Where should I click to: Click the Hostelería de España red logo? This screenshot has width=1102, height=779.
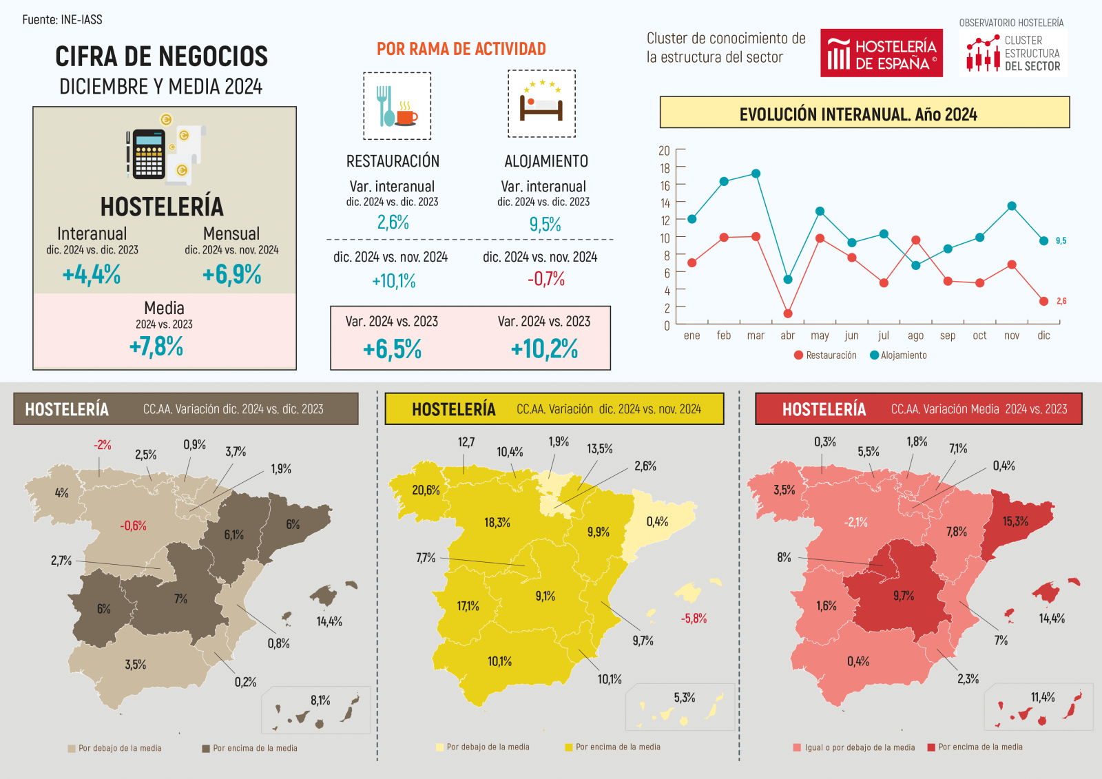[x=881, y=53]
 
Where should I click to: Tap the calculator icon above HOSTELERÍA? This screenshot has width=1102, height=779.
[x=148, y=154]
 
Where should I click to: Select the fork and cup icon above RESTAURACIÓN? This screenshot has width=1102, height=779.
[x=397, y=106]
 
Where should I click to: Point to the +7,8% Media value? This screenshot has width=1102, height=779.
[x=156, y=346]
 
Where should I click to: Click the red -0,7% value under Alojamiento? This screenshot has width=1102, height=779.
[x=545, y=279]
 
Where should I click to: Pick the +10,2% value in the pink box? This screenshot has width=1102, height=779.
[x=544, y=349]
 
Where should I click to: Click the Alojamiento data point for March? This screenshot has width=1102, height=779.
[x=756, y=174]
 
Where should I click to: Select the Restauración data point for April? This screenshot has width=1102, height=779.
[x=788, y=313]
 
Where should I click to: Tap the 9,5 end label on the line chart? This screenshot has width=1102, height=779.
[x=1061, y=241]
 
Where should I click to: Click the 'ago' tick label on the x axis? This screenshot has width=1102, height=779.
[x=915, y=336]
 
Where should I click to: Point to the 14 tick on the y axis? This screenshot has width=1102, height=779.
[x=665, y=203]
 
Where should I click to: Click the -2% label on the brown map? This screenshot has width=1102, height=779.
[x=103, y=445]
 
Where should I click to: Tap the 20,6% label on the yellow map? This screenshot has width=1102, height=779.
[x=426, y=490]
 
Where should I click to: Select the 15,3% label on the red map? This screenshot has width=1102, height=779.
[x=1015, y=521]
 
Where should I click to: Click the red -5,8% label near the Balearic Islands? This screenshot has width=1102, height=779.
[x=694, y=619]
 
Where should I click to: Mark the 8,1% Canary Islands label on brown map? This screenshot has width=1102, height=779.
[x=320, y=700]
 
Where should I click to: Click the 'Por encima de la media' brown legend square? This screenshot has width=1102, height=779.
[x=206, y=749]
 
